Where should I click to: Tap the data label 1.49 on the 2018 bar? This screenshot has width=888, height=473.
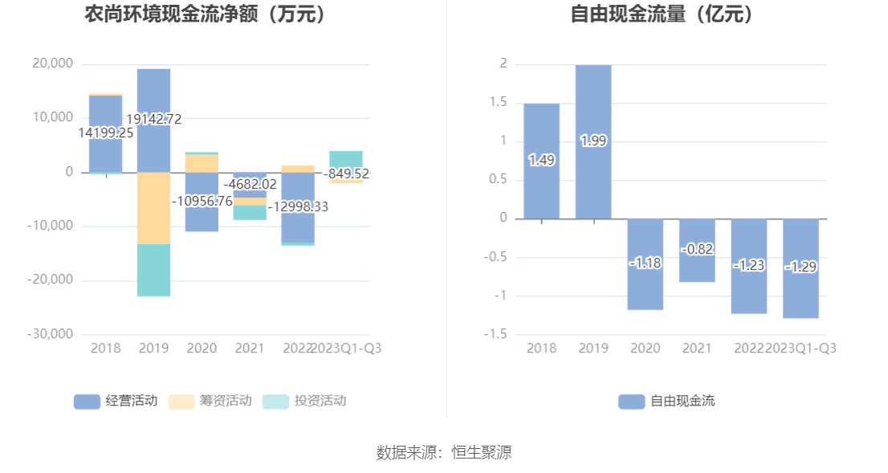(541, 160)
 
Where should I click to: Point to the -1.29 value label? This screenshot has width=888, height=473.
(800, 267)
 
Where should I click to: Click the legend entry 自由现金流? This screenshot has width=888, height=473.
(666, 401)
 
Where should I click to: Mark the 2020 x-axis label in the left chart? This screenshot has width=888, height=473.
(202, 348)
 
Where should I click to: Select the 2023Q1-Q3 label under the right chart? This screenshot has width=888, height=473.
(801, 348)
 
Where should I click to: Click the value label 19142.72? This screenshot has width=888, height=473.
(154, 119)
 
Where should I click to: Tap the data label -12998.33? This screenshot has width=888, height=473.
(298, 206)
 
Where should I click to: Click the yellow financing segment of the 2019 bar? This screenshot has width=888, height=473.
(153, 209)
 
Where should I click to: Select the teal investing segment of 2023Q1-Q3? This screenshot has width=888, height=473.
(345, 158)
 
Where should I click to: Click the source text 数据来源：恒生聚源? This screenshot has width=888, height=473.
(444, 452)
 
